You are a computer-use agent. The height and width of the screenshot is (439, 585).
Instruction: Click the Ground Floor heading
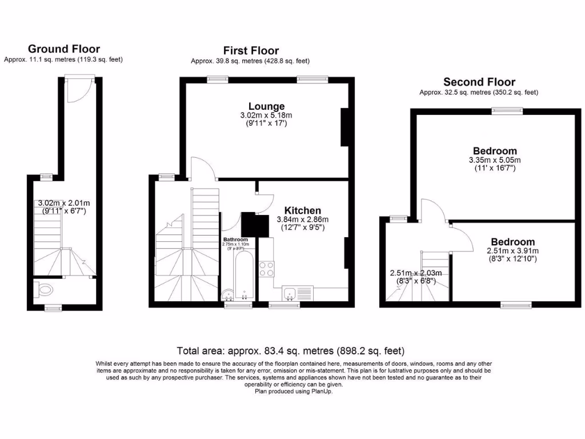(x=63, y=49)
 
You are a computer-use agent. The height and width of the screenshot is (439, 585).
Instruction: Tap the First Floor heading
(x=251, y=51)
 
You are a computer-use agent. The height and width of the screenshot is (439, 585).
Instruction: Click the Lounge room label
(x=266, y=106)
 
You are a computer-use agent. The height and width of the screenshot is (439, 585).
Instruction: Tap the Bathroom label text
(x=235, y=240)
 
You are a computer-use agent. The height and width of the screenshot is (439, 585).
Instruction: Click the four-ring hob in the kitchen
(x=266, y=269)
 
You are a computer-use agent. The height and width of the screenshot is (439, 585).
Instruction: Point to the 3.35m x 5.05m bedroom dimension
(x=495, y=160)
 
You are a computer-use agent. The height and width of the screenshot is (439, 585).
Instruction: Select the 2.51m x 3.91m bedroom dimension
(x=512, y=250)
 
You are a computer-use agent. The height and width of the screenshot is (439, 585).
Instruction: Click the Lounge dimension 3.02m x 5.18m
(x=266, y=115)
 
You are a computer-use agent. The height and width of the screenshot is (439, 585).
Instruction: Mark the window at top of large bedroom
(x=507, y=111)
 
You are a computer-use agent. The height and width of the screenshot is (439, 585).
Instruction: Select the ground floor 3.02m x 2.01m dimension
(x=63, y=203)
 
